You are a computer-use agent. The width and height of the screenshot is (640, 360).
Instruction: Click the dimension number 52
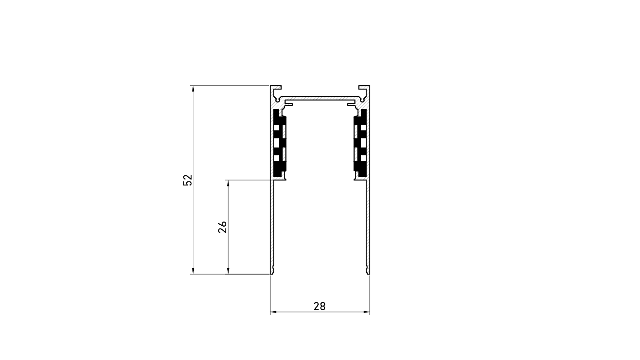pos(188,180)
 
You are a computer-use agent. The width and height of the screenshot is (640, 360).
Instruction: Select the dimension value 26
pos(223,227)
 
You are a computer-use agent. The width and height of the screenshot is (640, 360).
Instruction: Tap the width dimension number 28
pos(320,307)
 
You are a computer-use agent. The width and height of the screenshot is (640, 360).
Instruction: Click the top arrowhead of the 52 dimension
pos(193,89)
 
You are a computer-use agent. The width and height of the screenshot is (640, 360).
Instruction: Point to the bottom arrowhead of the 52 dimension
pos(193,271)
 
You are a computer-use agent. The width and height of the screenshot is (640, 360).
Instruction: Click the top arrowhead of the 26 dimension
pos(228,183)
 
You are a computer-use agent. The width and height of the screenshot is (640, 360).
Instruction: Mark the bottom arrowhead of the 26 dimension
pos(228,271)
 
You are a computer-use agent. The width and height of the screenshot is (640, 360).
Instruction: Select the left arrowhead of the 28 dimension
pos(273,312)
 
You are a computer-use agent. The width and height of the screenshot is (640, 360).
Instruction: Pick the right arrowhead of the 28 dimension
pos(367,312)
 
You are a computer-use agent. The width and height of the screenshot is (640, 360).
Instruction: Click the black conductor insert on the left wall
pos(279,142)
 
